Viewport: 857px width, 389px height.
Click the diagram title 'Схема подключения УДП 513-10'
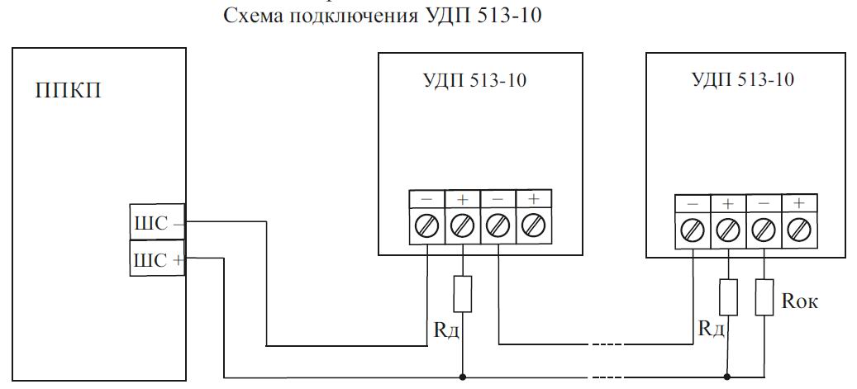click(x=382, y=15)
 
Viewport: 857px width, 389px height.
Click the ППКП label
click(x=69, y=90)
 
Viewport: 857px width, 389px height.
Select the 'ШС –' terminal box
click(x=157, y=222)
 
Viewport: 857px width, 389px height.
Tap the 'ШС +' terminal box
click(x=157, y=258)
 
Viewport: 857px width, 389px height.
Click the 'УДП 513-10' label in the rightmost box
click(x=743, y=80)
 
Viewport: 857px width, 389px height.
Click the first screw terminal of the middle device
click(x=427, y=225)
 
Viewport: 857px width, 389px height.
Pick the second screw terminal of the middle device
click(x=463, y=225)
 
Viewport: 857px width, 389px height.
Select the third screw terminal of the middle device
click(x=498, y=225)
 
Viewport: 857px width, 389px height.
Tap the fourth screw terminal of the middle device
click(x=533, y=225)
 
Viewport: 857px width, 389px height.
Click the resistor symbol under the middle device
click(x=463, y=293)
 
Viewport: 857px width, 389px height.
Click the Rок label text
click(x=800, y=301)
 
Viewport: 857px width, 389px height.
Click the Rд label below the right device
click(x=712, y=329)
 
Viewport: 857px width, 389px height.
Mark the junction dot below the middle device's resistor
click(x=463, y=377)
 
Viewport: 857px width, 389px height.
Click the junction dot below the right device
click(x=727, y=377)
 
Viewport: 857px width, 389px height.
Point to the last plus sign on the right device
click(x=799, y=204)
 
